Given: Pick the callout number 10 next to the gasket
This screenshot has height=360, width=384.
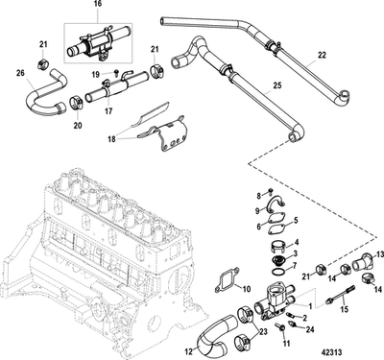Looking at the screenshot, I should pos(244,288).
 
